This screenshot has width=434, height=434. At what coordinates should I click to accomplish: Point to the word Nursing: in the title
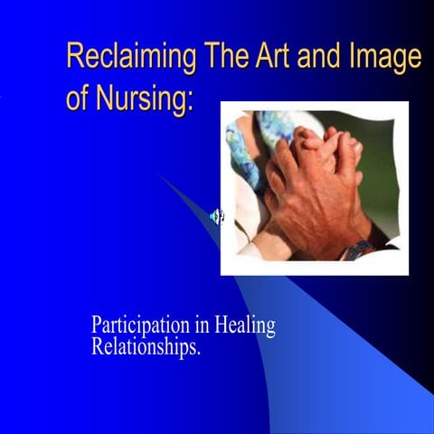[x=144, y=99]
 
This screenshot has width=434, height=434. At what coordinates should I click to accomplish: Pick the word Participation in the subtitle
[x=137, y=326]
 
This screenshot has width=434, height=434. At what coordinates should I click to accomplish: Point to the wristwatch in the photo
[x=356, y=249]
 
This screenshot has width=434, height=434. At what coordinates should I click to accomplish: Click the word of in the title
[x=78, y=99]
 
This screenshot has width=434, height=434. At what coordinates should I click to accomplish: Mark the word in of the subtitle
[x=196, y=325]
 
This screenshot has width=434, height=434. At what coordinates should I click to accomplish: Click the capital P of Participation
[x=96, y=325]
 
